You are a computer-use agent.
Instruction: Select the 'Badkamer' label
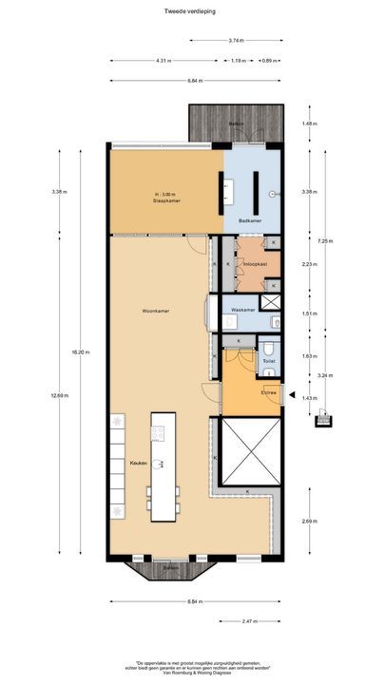click(249, 219)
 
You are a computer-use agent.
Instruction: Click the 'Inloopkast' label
click(255, 262)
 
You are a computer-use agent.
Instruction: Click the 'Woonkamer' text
click(155, 310)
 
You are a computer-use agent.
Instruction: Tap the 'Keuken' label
click(138, 463)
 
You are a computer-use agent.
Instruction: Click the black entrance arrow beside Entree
click(293, 395)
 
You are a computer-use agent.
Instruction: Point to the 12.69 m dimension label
click(59, 394)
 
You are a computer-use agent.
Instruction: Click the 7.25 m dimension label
click(324, 241)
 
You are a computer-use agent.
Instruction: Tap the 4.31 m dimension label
click(163, 61)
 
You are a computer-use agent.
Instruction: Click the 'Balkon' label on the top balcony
click(236, 124)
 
